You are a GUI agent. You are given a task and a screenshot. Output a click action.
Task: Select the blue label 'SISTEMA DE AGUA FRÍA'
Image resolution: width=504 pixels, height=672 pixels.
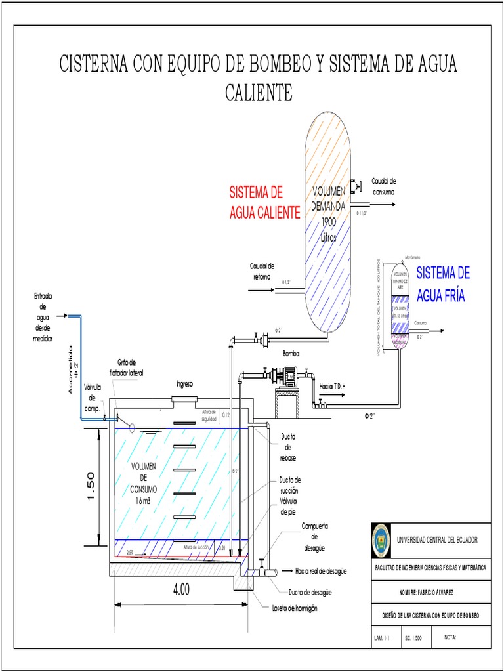click(x=443, y=284)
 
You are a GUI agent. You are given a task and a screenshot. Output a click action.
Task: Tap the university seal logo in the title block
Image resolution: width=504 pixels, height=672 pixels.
click(x=381, y=539)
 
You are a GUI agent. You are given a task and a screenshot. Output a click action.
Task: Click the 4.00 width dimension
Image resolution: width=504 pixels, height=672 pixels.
click(x=181, y=589)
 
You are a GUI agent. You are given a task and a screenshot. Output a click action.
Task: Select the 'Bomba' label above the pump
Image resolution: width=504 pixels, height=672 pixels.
click(x=291, y=354)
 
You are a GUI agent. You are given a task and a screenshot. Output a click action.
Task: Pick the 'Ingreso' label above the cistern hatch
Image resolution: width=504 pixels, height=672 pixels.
click(x=186, y=384)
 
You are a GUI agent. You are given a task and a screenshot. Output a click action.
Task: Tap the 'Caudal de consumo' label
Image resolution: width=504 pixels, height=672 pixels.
click(x=384, y=186)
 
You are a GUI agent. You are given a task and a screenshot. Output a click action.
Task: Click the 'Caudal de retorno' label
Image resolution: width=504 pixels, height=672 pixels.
click(x=262, y=271)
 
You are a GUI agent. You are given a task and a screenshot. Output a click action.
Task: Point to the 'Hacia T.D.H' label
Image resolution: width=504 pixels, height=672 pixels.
click(x=331, y=387)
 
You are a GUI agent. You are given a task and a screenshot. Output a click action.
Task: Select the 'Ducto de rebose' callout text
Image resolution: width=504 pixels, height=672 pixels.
click(x=288, y=447)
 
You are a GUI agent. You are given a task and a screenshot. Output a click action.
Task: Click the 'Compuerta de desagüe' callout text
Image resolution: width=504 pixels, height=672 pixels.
click(x=314, y=537)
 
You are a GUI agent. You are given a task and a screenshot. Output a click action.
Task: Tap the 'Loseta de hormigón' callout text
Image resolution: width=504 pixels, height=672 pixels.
click(x=295, y=608)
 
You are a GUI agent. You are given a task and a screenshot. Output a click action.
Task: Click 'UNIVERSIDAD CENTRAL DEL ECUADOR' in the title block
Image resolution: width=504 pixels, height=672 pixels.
click(x=437, y=539)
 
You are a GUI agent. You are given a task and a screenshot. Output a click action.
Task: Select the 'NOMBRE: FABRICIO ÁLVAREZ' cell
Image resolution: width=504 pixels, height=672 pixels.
click(x=430, y=592)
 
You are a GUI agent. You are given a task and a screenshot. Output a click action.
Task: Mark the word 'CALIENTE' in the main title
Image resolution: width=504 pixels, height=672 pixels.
click(x=259, y=93)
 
